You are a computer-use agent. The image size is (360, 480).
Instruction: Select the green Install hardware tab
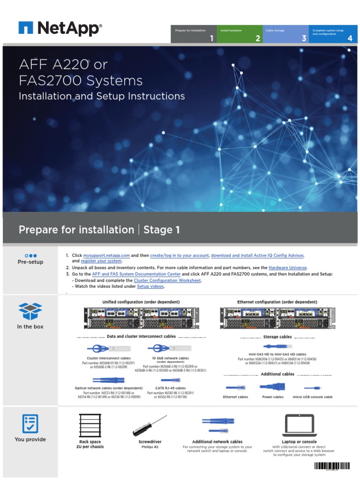pyautogui.click(x=240, y=34)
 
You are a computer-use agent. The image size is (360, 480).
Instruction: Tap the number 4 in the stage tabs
pyautogui.click(x=350, y=38)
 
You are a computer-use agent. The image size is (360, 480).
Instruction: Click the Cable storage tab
pyautogui.click(x=285, y=34)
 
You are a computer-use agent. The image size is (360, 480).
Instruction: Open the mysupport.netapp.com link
pyautogui.click(x=106, y=255)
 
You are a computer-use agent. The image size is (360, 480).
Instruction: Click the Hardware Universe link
pyautogui.click(x=288, y=268)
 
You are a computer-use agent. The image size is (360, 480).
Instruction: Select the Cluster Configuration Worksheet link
pyautogui.click(x=167, y=280)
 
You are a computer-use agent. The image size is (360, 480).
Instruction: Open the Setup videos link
pyautogui.click(x=150, y=286)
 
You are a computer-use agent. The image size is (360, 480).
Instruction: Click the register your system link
pyautogui.click(x=101, y=261)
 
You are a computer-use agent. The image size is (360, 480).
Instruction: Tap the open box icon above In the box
pyautogui.click(x=30, y=311)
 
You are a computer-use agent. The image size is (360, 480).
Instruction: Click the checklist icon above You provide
pyautogui.click(x=30, y=424)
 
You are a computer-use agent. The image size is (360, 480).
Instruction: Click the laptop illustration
pyautogui.click(x=299, y=426)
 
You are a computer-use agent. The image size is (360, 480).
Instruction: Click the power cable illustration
pyautogui.click(x=272, y=387)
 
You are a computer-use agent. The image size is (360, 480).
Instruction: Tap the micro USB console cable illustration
pyautogui.click(x=312, y=388)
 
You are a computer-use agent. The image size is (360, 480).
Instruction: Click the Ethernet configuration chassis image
pyautogui.click(x=277, y=317)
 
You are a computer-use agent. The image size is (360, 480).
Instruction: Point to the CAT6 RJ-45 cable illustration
pyautogui.click(x=170, y=380)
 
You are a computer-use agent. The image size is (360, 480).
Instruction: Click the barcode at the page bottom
pyautogui.click(x=331, y=466)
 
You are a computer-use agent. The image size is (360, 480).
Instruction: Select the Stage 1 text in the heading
pyautogui.click(x=161, y=230)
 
